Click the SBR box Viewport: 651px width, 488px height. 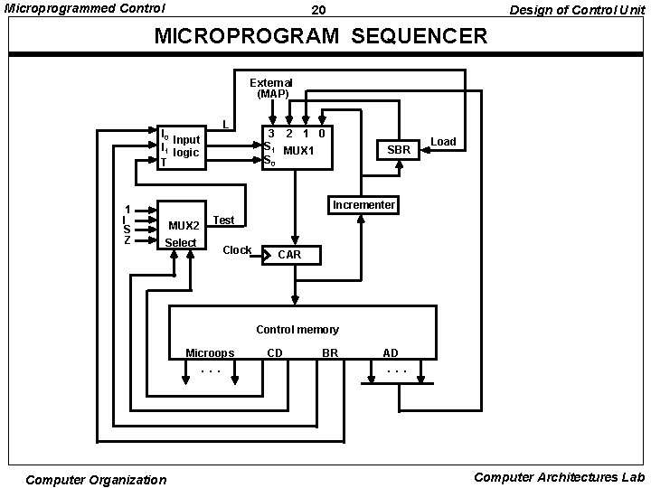[x=399, y=149]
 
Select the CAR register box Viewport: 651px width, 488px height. [x=291, y=255]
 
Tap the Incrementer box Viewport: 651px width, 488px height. [x=363, y=205]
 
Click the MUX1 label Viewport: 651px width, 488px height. [x=298, y=149]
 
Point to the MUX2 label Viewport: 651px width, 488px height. [x=184, y=225]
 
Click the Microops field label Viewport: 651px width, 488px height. [x=210, y=352]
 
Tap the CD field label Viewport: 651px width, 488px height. [x=277, y=352]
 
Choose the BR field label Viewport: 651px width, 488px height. [x=330, y=352]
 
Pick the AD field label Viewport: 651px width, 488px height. [x=390, y=352]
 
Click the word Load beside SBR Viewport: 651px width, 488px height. [x=443, y=142]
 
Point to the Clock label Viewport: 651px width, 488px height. [x=237, y=250]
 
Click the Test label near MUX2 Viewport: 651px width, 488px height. [x=223, y=220]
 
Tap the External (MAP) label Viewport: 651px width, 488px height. [x=271, y=88]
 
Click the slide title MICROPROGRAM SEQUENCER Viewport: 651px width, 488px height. [x=321, y=37]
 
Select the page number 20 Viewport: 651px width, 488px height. [x=318, y=10]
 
